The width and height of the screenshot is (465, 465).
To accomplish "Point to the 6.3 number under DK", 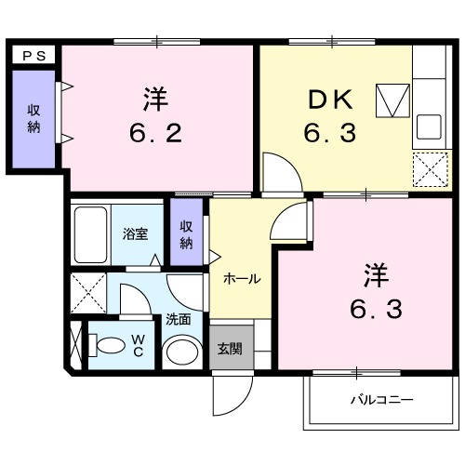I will (x=327, y=134).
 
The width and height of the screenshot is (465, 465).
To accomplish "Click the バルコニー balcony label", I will (x=381, y=401).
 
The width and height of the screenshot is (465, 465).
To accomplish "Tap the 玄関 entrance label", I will (x=230, y=350).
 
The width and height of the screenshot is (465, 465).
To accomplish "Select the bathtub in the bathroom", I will (x=90, y=232).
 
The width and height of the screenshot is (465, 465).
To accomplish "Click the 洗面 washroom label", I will (x=179, y=319).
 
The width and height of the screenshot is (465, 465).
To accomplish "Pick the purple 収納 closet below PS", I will (x=33, y=119).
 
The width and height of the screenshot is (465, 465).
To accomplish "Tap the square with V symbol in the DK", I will (x=392, y=99).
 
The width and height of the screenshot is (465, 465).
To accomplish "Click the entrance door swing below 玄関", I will (x=230, y=395).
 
